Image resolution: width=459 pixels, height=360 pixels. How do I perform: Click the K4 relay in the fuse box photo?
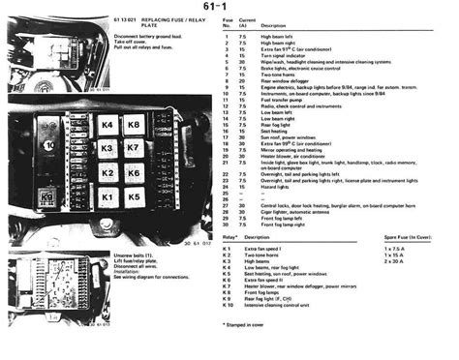[107, 126]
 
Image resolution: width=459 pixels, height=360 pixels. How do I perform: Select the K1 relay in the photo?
[107, 196]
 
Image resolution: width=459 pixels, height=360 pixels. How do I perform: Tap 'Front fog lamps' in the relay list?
[268, 292]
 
